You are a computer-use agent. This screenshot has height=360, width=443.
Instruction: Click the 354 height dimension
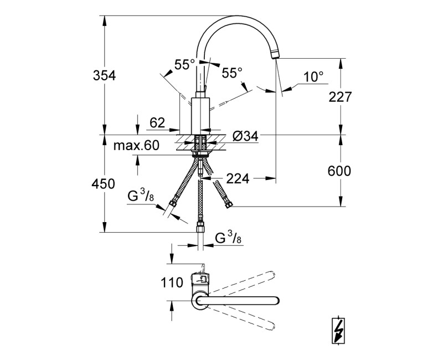click(104, 76)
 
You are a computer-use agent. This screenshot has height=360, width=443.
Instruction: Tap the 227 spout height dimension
click(340, 97)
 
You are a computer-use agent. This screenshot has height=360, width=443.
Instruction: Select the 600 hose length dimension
click(339, 171)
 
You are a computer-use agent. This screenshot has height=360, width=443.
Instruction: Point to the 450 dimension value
click(103, 184)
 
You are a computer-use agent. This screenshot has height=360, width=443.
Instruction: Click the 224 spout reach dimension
click(238, 178)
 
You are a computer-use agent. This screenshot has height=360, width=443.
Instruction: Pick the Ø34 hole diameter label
click(245, 136)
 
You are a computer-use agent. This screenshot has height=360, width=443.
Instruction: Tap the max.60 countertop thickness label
click(136, 145)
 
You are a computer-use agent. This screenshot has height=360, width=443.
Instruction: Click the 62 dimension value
click(157, 122)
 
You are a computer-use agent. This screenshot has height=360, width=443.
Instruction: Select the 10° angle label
click(313, 77)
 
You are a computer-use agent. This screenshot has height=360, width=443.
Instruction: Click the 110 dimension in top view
click(172, 282)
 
